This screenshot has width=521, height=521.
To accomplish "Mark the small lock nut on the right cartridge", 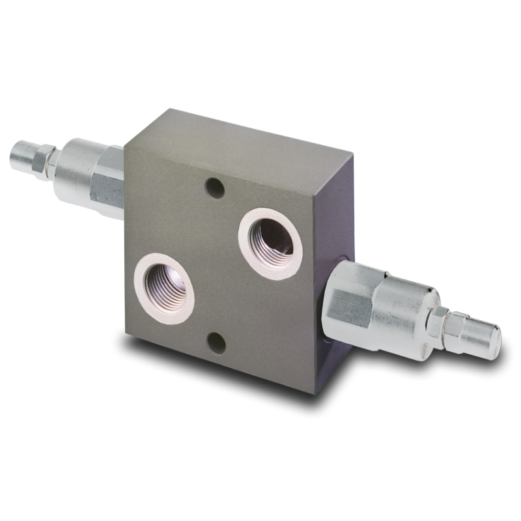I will click(440, 322).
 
